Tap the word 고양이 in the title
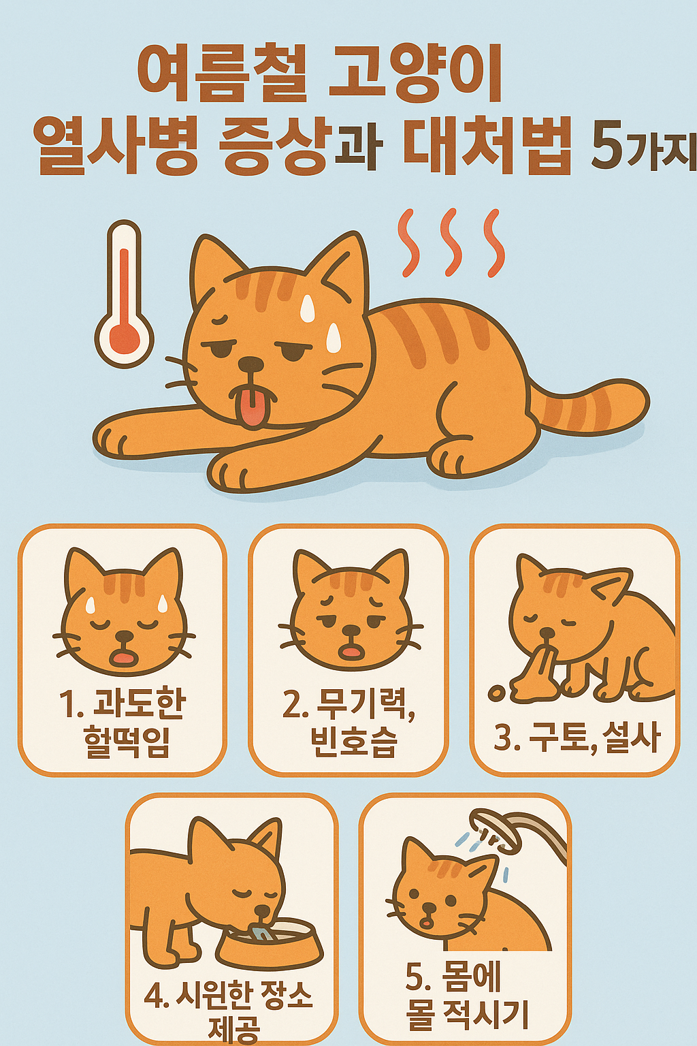tap(415, 74)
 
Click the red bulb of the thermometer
tap(124, 338)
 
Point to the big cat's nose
tap(250, 364)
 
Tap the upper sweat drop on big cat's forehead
tap(308, 308)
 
